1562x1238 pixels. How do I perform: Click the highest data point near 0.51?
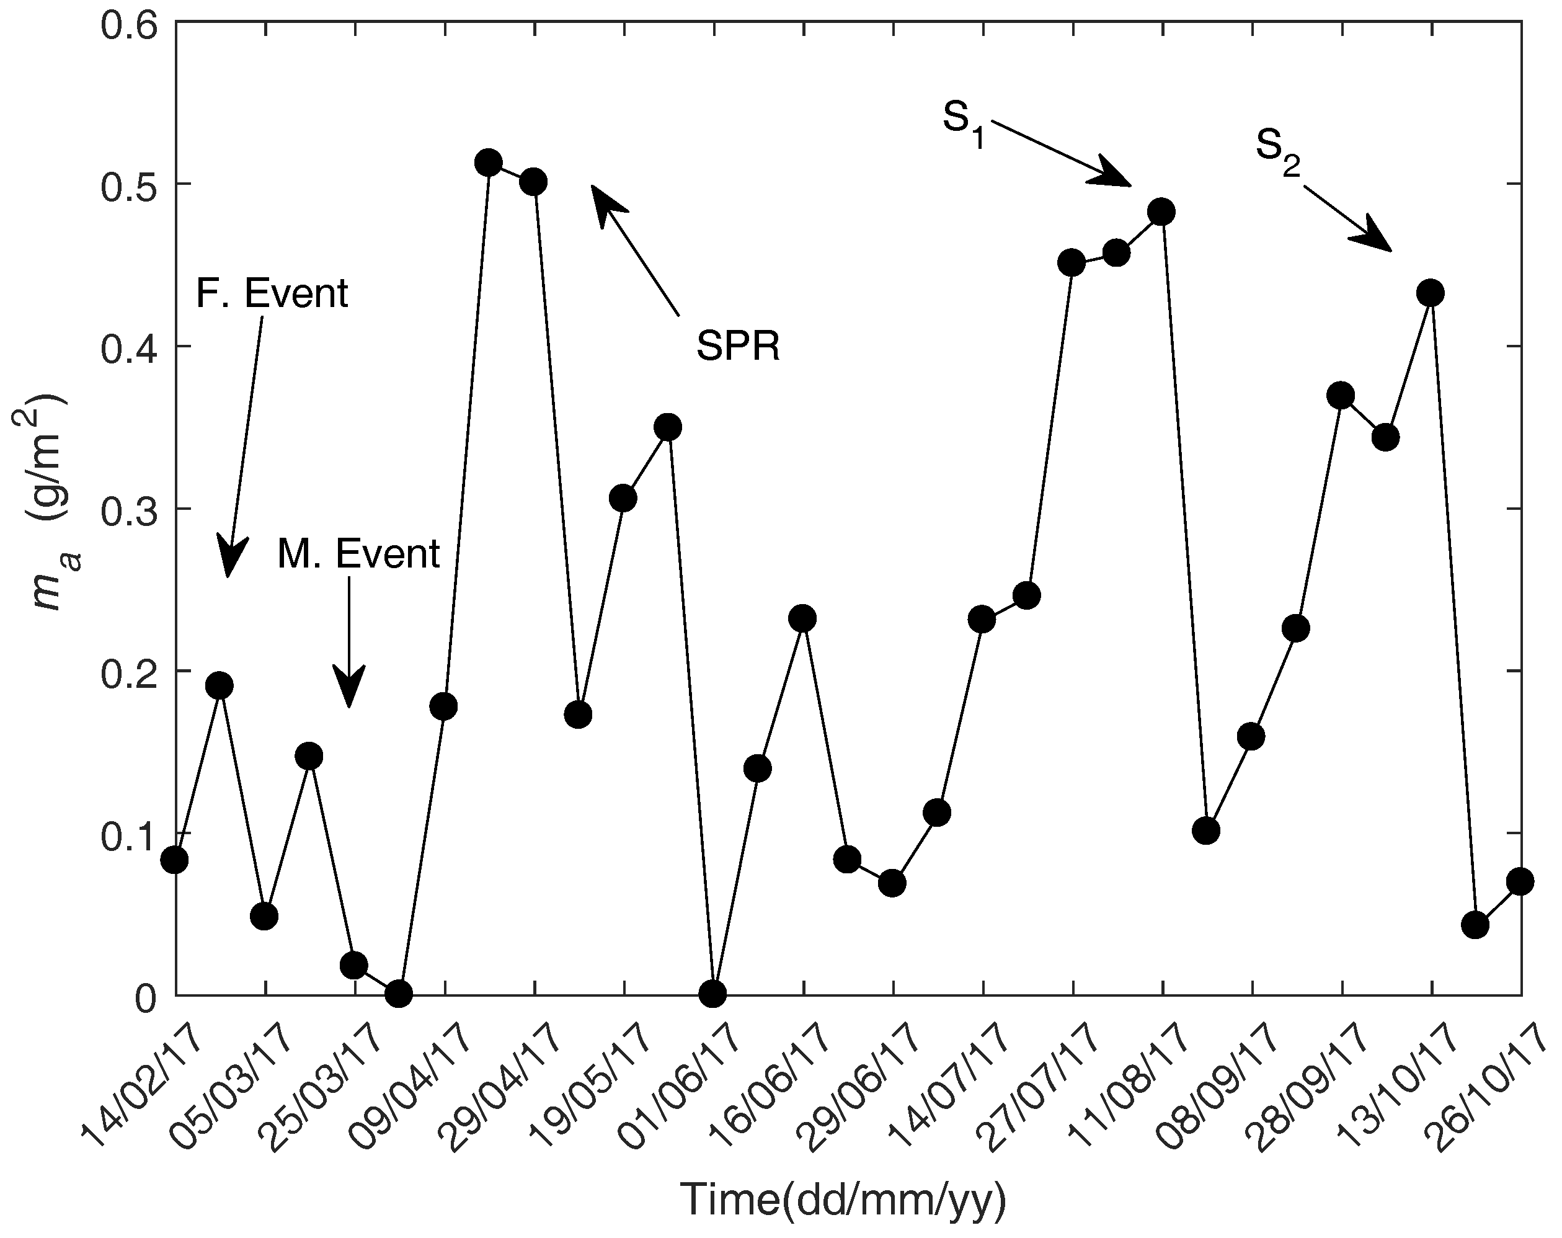click(489, 163)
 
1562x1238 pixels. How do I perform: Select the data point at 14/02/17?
click(175, 860)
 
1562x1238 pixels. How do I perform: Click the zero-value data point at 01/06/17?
click(713, 994)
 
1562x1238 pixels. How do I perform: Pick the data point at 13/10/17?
click(1430, 293)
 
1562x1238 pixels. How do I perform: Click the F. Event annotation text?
click(272, 293)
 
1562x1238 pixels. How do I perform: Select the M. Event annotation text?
click(358, 554)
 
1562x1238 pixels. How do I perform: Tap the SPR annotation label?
click(737, 347)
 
